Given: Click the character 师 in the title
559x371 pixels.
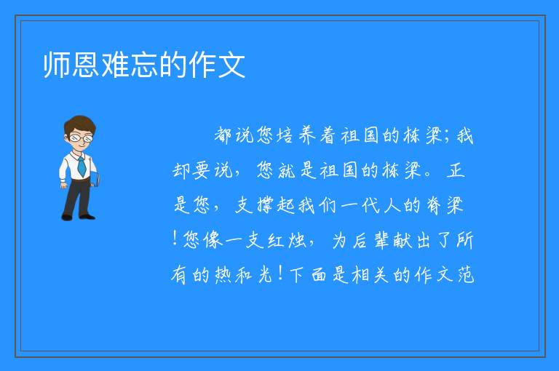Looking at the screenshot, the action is (x=57, y=65).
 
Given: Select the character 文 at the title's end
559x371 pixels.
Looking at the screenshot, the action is (x=231, y=65).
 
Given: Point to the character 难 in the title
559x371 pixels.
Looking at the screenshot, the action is (x=115, y=65).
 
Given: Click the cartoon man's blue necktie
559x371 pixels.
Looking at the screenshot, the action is (x=82, y=166).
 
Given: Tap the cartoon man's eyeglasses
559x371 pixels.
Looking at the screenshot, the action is (x=81, y=137).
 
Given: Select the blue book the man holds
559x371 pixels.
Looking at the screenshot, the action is (x=95, y=179).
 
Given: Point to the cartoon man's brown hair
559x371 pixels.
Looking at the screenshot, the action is (x=79, y=124).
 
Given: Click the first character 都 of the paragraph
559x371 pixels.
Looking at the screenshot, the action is (x=223, y=135).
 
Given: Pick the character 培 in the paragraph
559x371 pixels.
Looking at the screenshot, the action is (x=285, y=135).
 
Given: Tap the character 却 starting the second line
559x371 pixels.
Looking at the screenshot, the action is (x=181, y=170).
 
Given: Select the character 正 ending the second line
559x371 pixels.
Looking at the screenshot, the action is (x=455, y=170).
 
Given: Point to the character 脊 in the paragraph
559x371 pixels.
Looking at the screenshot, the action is (x=434, y=205).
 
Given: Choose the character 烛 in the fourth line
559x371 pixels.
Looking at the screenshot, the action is (x=297, y=240).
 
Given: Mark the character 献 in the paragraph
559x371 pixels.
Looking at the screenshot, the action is (x=403, y=240).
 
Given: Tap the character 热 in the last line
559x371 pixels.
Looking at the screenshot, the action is (x=223, y=275).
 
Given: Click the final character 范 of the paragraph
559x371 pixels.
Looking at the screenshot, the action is (x=466, y=275).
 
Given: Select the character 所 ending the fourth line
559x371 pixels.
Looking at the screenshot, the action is (x=465, y=240).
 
